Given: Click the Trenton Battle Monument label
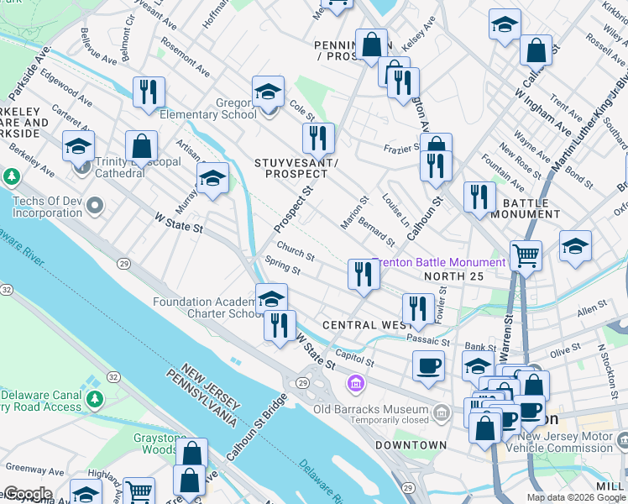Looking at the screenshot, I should click(x=440, y=262).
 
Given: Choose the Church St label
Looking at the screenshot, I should click(x=296, y=252).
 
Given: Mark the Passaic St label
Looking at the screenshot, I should click(x=428, y=340).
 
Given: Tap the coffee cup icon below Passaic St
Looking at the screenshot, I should click(x=428, y=365).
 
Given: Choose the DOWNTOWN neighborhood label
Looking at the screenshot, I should click(x=411, y=444).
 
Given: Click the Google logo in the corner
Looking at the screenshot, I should click(x=27, y=494).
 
